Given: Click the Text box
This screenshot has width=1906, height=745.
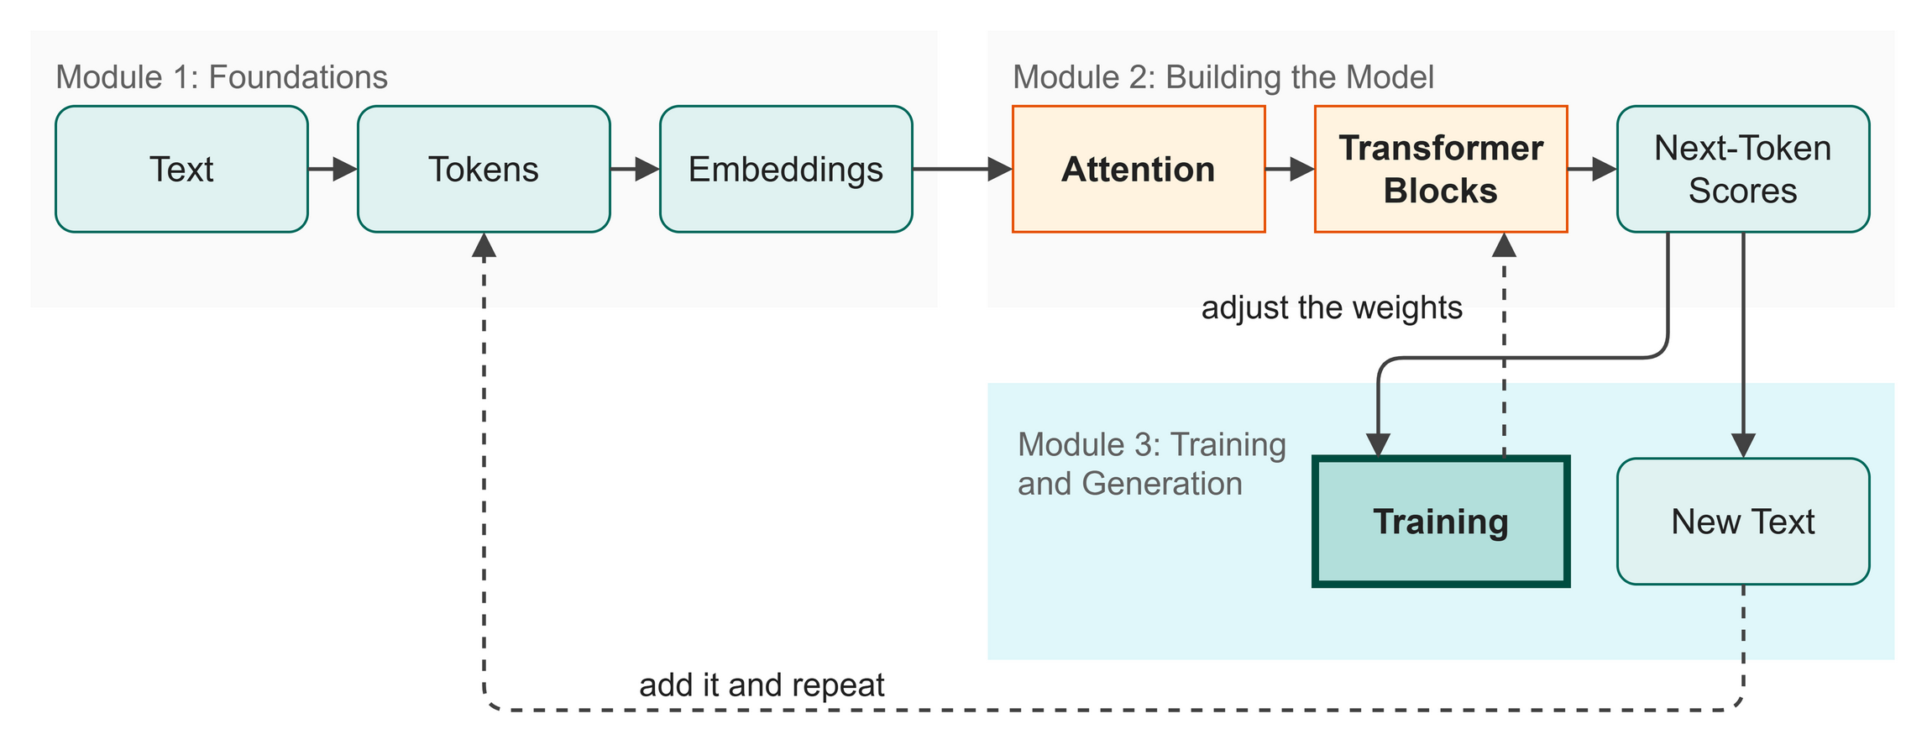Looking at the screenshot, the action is click(x=181, y=169).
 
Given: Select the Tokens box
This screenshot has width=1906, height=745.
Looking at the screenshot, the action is click(x=484, y=169).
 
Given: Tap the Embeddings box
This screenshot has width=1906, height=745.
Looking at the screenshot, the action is click(x=786, y=169).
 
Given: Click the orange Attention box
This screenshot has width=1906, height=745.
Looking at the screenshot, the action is click(x=1139, y=169).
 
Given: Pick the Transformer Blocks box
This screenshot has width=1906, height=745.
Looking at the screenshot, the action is click(x=1441, y=169).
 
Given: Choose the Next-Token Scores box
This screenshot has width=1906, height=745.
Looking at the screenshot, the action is click(x=1743, y=169).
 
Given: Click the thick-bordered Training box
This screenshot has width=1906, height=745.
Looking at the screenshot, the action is click(x=1441, y=522).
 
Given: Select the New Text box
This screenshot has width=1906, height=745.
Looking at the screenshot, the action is click(x=1743, y=522).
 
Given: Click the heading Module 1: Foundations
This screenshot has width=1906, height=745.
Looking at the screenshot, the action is click(x=222, y=77).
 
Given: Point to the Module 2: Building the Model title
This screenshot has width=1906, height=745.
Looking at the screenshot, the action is click(x=1223, y=77).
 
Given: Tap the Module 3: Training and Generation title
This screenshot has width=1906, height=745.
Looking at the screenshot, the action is click(x=1152, y=464).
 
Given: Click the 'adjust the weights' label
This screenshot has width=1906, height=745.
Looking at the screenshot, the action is click(x=1332, y=308).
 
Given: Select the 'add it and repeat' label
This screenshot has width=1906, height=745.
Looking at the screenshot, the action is click(x=762, y=685).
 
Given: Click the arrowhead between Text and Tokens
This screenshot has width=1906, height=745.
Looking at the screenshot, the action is click(x=345, y=169).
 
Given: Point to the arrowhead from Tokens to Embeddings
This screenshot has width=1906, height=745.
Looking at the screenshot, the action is click(x=647, y=169).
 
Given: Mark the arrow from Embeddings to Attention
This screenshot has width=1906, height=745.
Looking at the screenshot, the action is click(x=962, y=169).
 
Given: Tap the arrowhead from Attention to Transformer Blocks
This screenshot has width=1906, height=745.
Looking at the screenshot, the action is click(x=1302, y=169).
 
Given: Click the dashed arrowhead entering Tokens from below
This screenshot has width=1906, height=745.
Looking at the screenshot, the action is click(x=484, y=244).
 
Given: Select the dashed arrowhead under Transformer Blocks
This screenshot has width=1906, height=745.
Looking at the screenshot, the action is click(x=1504, y=244).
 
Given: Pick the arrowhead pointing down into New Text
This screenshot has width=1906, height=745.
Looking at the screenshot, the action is click(x=1743, y=446).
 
